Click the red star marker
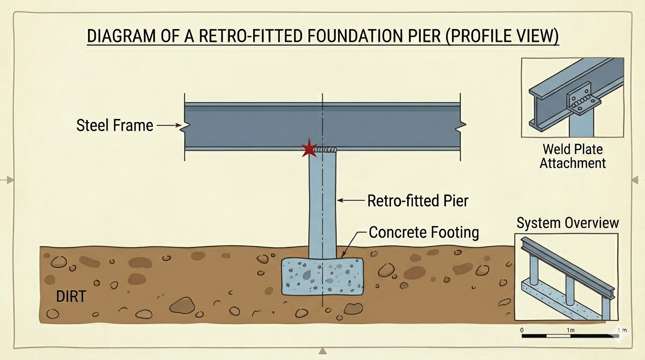tap(309, 149)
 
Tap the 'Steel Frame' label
tap(115, 125)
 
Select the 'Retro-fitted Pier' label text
tap(418, 201)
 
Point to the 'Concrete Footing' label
tap(424, 232)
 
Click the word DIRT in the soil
tap(71, 296)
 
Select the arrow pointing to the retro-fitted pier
tap(350, 201)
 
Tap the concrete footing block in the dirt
tap(322, 276)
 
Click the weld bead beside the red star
tap(326, 150)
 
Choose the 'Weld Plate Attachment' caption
tap(572, 156)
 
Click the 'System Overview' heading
tap(568, 223)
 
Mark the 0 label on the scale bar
tap(522, 330)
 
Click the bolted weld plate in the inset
tap(581, 100)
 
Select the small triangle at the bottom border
tap(322, 351)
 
